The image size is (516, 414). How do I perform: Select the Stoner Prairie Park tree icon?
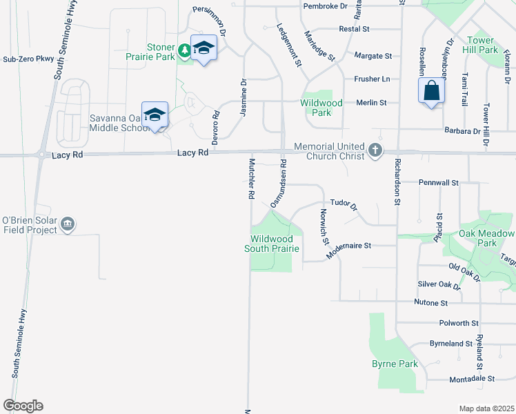[x=184, y=50]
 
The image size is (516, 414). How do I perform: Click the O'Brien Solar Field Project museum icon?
[x=68, y=224]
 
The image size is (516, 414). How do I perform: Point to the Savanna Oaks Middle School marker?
[x=155, y=115]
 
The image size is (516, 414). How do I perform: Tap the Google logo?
[x=23, y=406]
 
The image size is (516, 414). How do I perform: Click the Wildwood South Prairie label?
[x=274, y=244]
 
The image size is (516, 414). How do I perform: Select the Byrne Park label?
[x=395, y=364]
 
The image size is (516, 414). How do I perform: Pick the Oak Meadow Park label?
[x=487, y=239]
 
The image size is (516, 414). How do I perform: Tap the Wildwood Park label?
[x=321, y=108]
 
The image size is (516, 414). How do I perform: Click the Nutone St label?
[x=431, y=302]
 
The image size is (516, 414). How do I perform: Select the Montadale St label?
[x=473, y=379]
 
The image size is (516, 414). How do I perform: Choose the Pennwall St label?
[x=439, y=183]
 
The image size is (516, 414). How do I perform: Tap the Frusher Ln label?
[x=372, y=79]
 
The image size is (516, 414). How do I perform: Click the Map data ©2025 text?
[x=486, y=408]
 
